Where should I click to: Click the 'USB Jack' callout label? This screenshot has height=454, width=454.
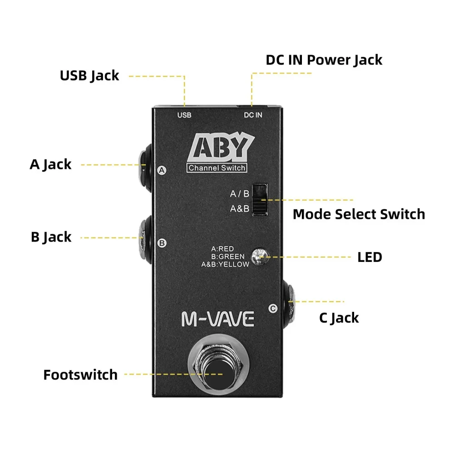[89, 75]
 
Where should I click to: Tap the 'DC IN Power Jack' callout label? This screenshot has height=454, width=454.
[324, 60]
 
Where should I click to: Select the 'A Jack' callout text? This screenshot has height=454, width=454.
[50, 164]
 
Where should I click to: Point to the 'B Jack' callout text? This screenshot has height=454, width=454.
[51, 237]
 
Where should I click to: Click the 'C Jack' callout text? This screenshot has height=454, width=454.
[339, 318]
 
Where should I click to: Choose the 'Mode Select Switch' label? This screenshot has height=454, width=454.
[359, 214]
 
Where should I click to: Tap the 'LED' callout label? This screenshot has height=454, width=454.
[370, 257]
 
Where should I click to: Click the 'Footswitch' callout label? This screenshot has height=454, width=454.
[80, 375]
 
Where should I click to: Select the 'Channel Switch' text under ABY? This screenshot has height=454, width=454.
[217, 168]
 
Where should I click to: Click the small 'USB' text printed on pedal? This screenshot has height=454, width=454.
[184, 115]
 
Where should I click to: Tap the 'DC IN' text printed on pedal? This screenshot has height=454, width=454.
[253, 115]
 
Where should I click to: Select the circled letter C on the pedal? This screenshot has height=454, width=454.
[272, 309]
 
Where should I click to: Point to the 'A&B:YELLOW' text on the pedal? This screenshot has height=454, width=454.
[226, 264]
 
